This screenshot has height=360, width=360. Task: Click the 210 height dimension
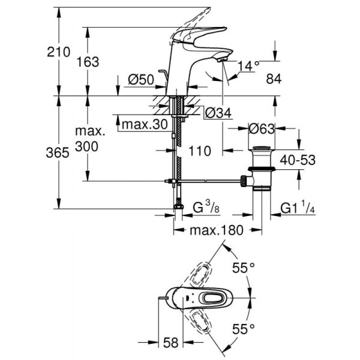(x=59, y=52)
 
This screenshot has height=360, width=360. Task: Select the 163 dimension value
(x=88, y=62)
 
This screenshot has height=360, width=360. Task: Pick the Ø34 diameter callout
(x=217, y=112)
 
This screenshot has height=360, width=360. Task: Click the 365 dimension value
(x=59, y=153)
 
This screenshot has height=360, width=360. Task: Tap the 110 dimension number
(x=200, y=151)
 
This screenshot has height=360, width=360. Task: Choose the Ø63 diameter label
(x=263, y=128)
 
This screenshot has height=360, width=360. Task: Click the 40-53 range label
(x=298, y=160)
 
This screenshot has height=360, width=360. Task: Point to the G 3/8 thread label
(x=204, y=209)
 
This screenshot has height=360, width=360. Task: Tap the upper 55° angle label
(x=244, y=268)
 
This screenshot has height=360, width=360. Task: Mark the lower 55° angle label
(x=244, y=328)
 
